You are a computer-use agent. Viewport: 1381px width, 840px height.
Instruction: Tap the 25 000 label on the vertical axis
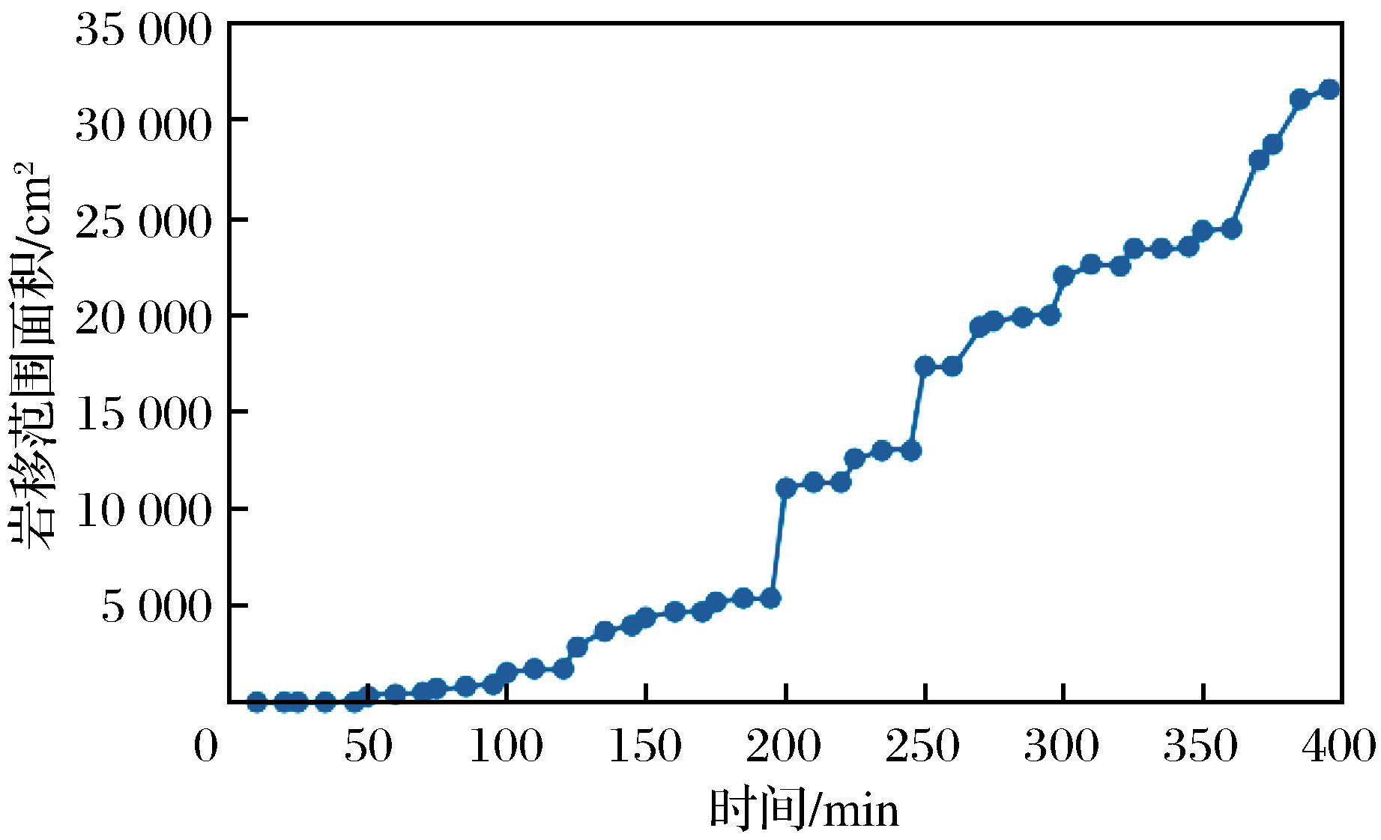(x=142, y=223)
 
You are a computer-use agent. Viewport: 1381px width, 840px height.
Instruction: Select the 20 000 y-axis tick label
(x=142, y=318)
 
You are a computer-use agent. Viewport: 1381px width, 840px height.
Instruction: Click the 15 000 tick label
(x=142, y=414)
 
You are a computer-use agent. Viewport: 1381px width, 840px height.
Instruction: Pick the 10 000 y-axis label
(x=142, y=511)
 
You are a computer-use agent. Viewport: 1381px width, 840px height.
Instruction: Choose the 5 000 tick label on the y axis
(x=157, y=607)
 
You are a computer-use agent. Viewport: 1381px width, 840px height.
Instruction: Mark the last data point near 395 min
(x=1329, y=89)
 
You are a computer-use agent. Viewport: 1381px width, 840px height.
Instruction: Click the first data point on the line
(x=256, y=702)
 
